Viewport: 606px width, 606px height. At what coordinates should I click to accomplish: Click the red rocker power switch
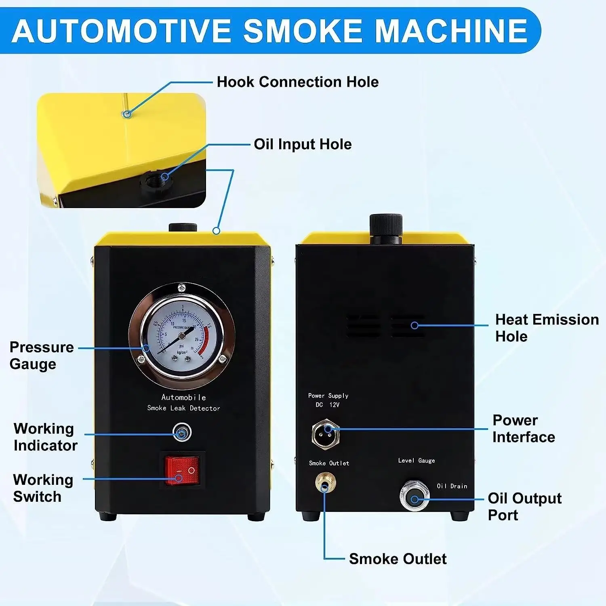(x=182, y=470)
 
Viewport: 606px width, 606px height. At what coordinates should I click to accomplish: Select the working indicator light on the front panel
(x=182, y=433)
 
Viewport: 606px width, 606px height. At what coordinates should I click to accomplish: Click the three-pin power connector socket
(x=326, y=433)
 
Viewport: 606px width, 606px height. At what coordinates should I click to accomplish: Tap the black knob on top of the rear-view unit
(x=386, y=228)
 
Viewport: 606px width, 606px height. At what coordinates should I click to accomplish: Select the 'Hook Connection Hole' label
(x=298, y=82)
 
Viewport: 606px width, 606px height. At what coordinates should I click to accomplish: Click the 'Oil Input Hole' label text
(x=303, y=144)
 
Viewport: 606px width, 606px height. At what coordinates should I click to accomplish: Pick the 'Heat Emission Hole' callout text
(x=547, y=328)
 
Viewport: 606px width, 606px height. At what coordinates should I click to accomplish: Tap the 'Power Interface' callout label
(x=524, y=429)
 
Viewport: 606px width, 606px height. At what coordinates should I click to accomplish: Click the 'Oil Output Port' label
(x=524, y=507)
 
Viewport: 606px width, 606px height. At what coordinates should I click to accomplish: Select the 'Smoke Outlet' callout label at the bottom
(x=398, y=559)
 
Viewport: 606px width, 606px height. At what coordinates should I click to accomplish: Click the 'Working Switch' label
(x=43, y=488)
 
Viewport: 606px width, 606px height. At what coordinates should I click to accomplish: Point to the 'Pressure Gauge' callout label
(x=42, y=356)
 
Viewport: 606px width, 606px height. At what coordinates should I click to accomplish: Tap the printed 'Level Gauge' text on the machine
(x=417, y=461)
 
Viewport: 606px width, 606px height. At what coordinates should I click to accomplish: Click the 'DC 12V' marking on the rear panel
(x=328, y=405)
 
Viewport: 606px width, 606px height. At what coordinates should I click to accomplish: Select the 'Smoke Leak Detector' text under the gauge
(x=183, y=408)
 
